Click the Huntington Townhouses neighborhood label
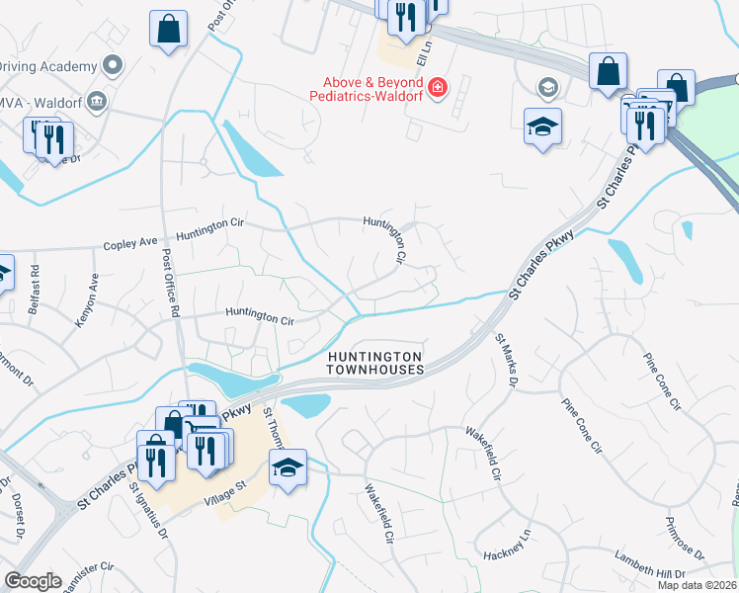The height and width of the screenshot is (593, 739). [x=375, y=362]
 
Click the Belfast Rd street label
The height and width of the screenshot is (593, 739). [x=35, y=283]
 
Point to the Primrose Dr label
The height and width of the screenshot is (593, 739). [x=684, y=538]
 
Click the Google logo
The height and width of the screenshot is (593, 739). [x=33, y=581]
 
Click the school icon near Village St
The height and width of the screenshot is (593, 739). [x=287, y=466]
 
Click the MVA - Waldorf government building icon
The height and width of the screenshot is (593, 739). [x=97, y=100]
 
